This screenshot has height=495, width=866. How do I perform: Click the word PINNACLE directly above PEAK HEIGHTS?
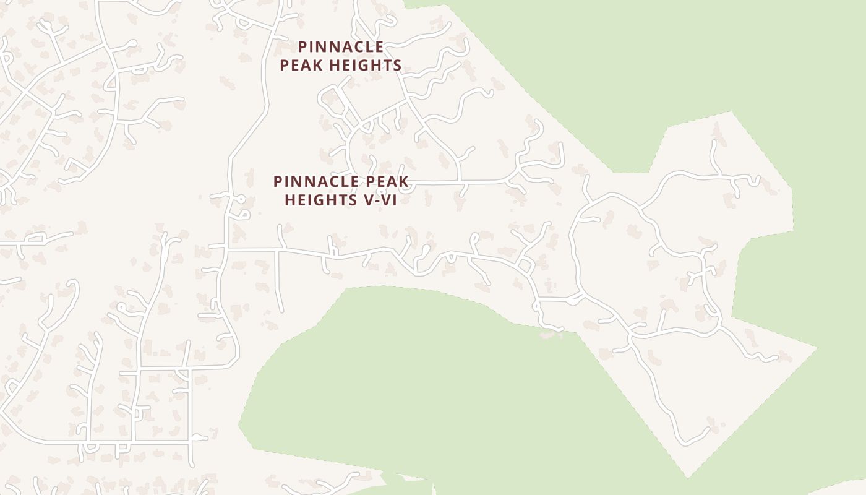tap(341, 47)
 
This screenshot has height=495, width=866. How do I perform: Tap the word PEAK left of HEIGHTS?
tap(302, 65)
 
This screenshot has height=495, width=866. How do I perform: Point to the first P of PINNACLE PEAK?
tap(278, 182)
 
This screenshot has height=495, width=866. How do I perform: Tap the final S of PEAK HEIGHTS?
tap(397, 65)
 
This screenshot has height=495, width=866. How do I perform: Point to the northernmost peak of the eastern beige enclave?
tap(732, 112)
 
